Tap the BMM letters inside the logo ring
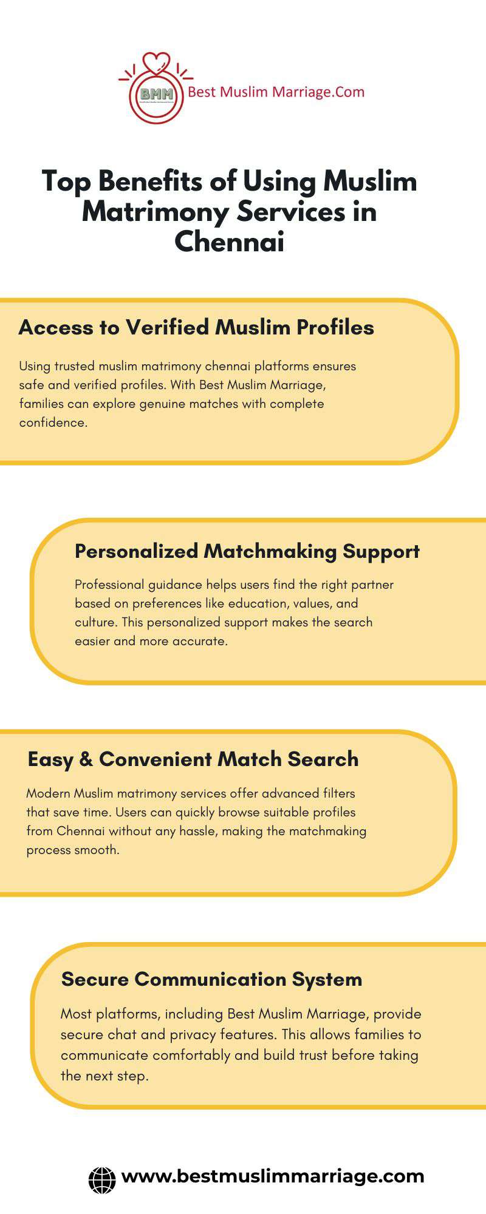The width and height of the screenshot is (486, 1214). (157, 95)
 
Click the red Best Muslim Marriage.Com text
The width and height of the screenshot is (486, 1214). (276, 92)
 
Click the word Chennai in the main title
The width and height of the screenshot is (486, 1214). (230, 242)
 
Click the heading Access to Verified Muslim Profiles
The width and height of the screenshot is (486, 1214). (196, 327)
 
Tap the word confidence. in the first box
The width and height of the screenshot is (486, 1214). (53, 422)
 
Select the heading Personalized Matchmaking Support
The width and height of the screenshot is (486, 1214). (247, 551)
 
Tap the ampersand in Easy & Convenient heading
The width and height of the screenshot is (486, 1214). (86, 759)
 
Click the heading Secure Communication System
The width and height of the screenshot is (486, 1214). (211, 979)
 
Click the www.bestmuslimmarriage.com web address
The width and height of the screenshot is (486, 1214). (273, 1176)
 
